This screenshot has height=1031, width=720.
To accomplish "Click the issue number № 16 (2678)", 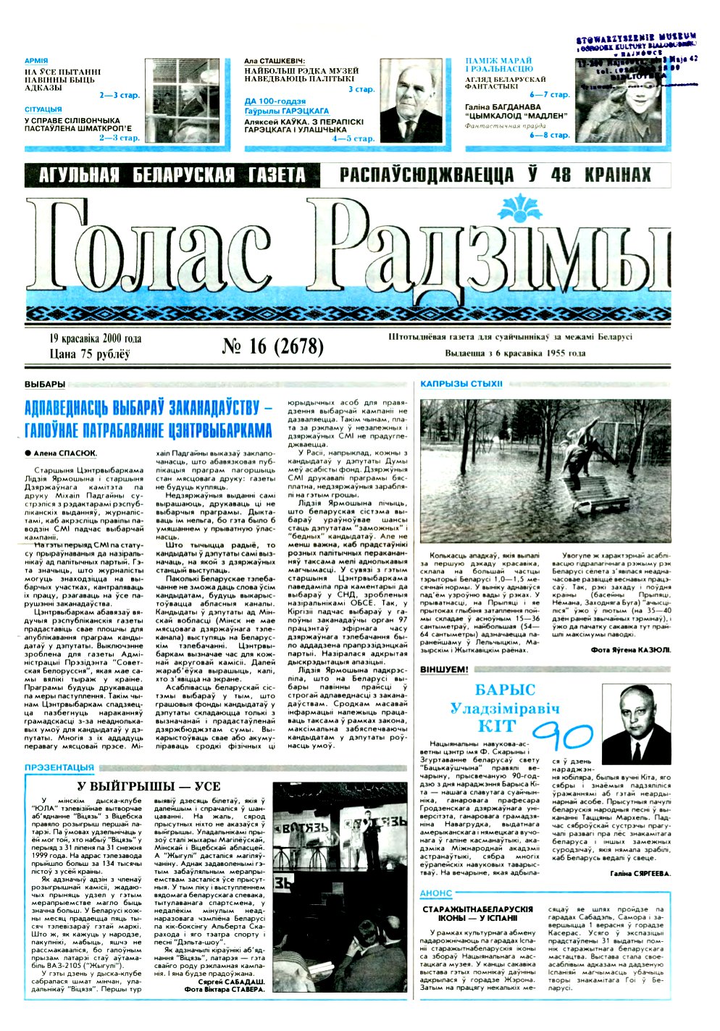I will pyautogui.click(x=272, y=346).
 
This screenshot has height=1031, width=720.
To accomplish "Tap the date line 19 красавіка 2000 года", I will pyautogui.click(x=95, y=338).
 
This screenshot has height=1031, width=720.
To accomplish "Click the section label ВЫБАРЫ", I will pyautogui.click(x=44, y=384).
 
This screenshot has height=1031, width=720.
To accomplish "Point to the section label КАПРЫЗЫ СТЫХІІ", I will pyautogui.click(x=461, y=384).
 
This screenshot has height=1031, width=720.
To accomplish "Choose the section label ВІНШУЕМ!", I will pyautogui.click(x=444, y=670).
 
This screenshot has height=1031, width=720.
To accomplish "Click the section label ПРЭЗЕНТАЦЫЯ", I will pyautogui.click(x=59, y=767).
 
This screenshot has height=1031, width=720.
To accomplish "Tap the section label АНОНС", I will pyautogui.click(x=436, y=894).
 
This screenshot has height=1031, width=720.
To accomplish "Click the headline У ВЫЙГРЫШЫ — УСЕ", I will pyautogui.click(x=148, y=786).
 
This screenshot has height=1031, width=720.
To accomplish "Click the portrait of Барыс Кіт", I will pyautogui.click(x=637, y=725).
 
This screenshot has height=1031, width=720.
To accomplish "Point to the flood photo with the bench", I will pyautogui.click(x=545, y=471).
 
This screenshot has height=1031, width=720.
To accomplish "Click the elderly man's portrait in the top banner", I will pyautogui.click(x=411, y=101).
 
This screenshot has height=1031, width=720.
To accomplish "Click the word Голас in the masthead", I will pyautogui.click(x=167, y=250).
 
